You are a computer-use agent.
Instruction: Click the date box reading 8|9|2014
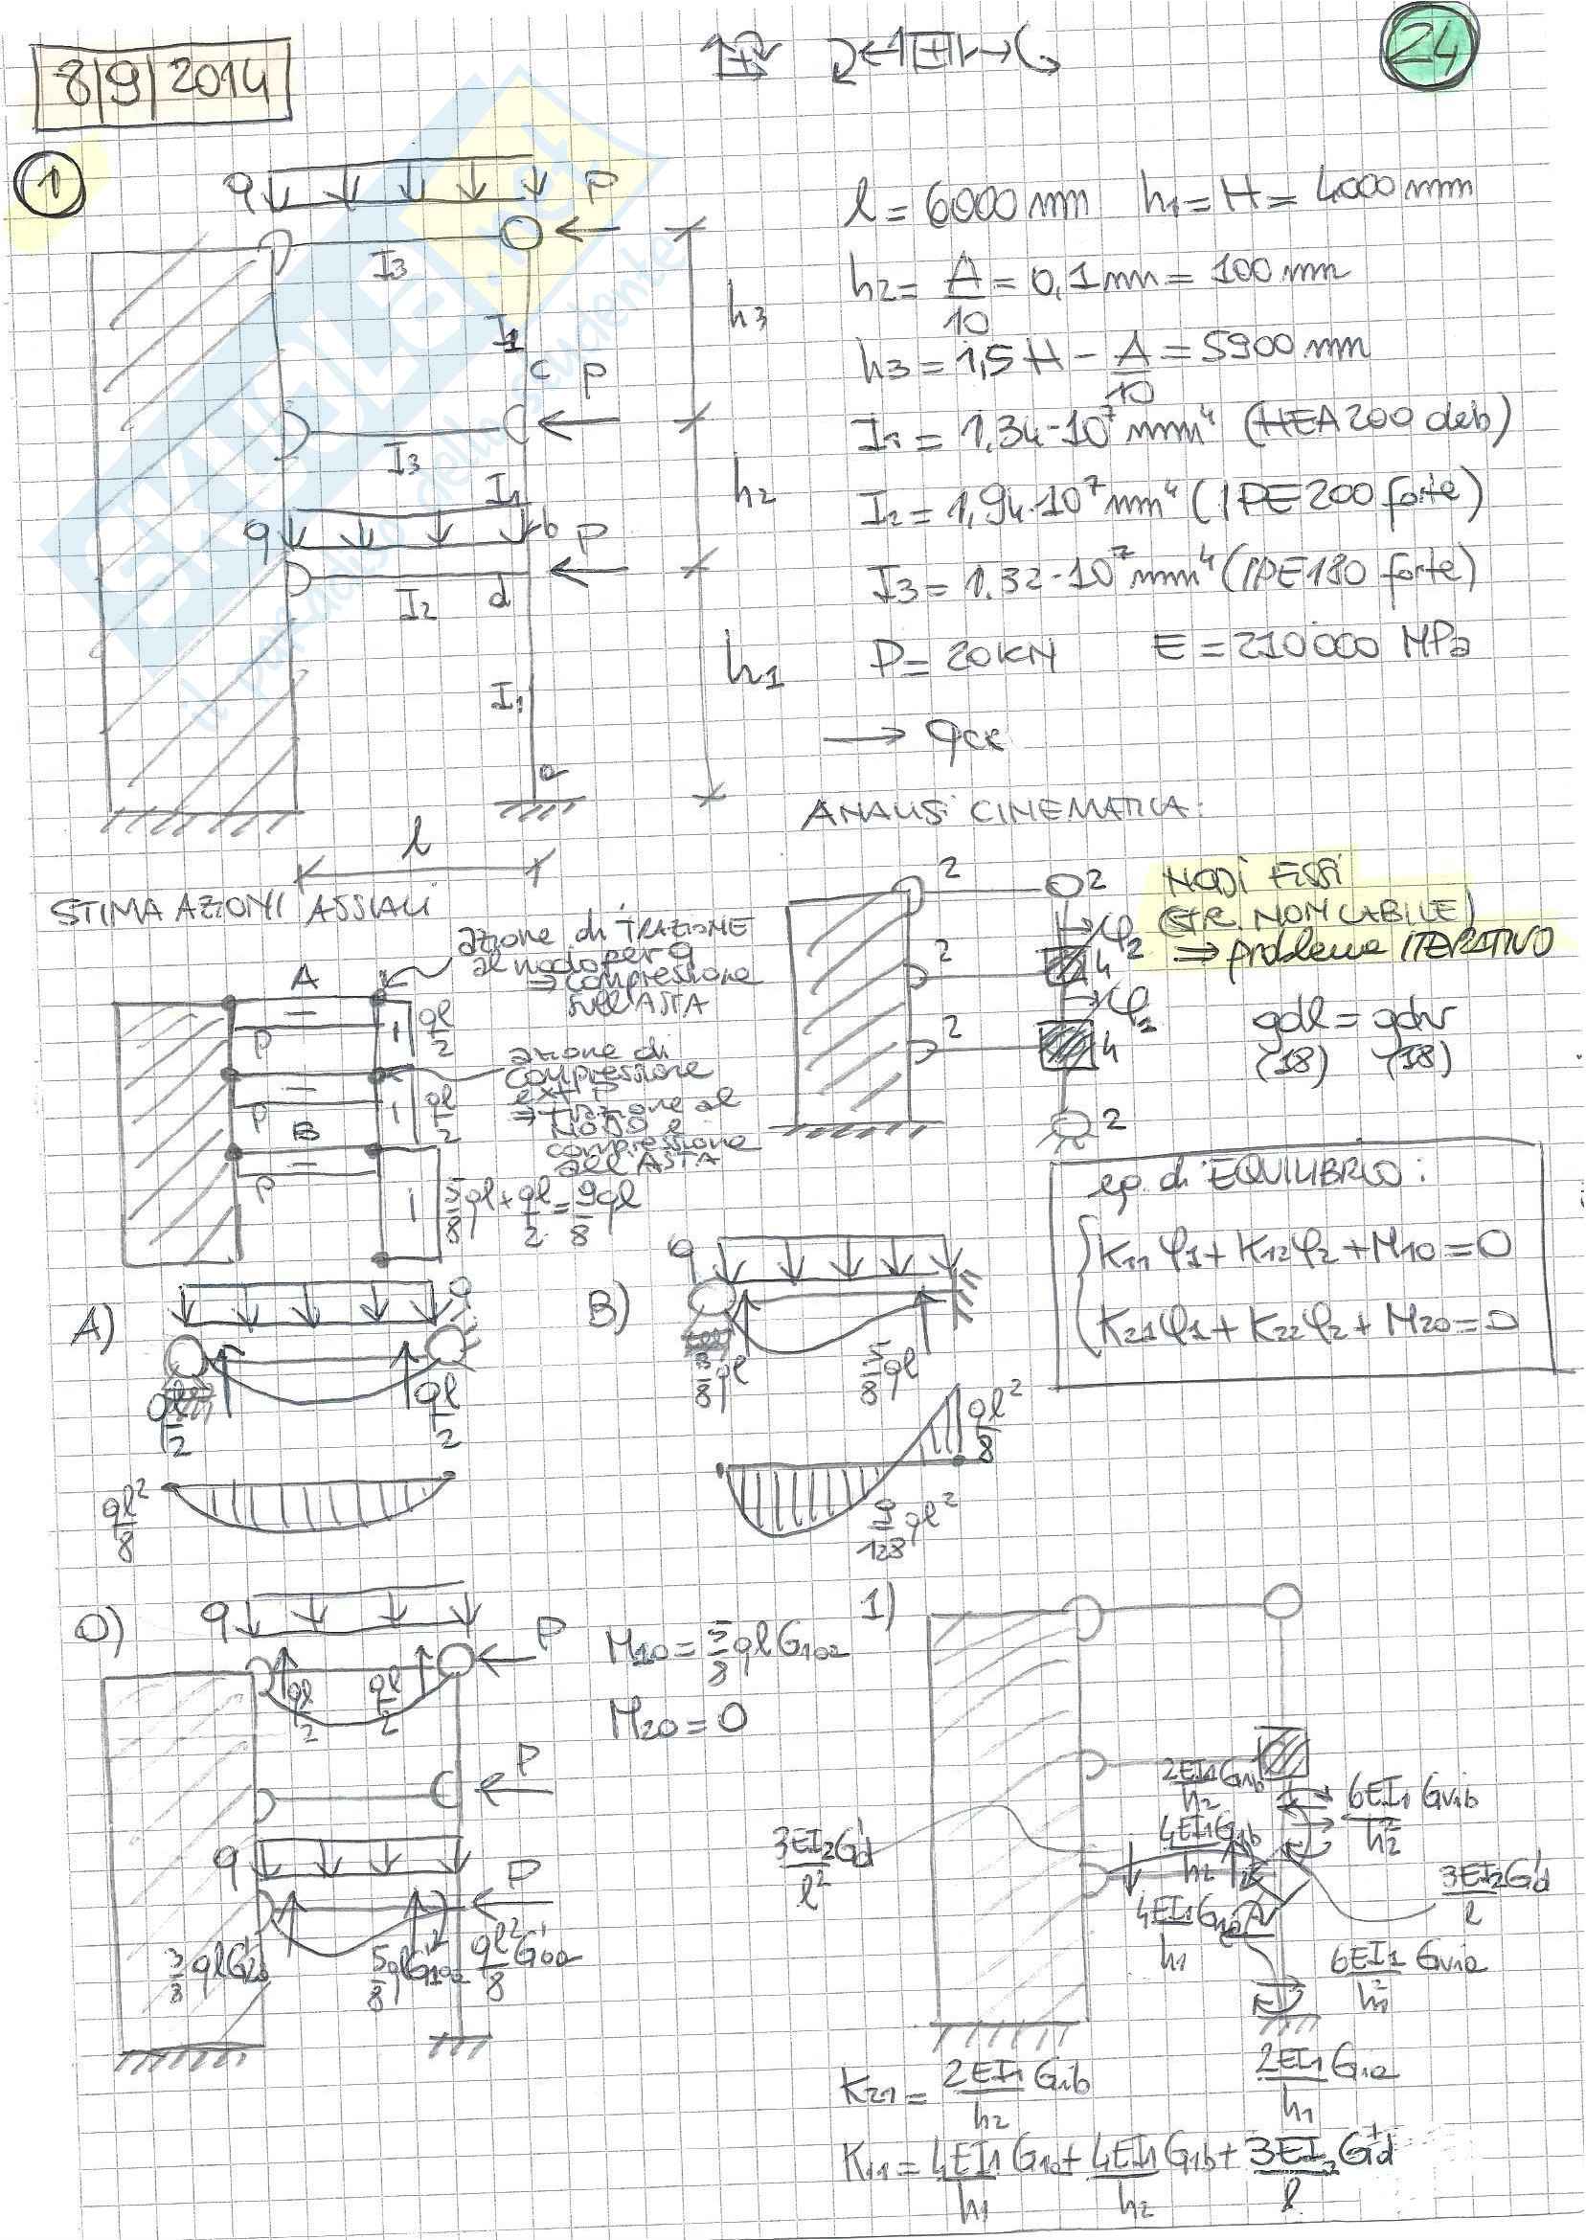(162, 93)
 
